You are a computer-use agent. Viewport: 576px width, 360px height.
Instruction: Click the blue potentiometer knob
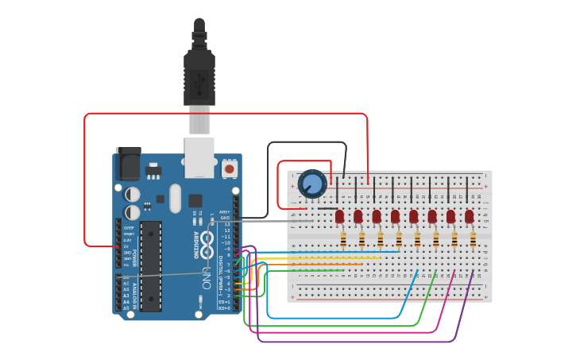click(x=312, y=184)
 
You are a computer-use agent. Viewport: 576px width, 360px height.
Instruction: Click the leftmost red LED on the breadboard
click(x=339, y=216)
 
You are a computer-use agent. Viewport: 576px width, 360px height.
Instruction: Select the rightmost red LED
click(x=470, y=216)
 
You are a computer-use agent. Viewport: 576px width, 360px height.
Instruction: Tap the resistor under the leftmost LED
click(x=343, y=238)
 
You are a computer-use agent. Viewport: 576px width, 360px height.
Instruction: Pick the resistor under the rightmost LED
click(x=474, y=238)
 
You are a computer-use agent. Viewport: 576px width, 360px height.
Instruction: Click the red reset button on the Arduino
click(x=230, y=168)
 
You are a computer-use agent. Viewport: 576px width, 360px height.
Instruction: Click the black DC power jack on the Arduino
click(x=129, y=165)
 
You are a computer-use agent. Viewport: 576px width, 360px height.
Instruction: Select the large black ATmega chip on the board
click(x=151, y=265)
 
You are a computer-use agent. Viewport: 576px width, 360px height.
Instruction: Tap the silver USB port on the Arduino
click(x=199, y=157)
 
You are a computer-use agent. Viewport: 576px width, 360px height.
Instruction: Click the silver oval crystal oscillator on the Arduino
click(x=175, y=198)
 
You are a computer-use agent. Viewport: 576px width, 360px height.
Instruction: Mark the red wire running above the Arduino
click(x=222, y=114)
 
